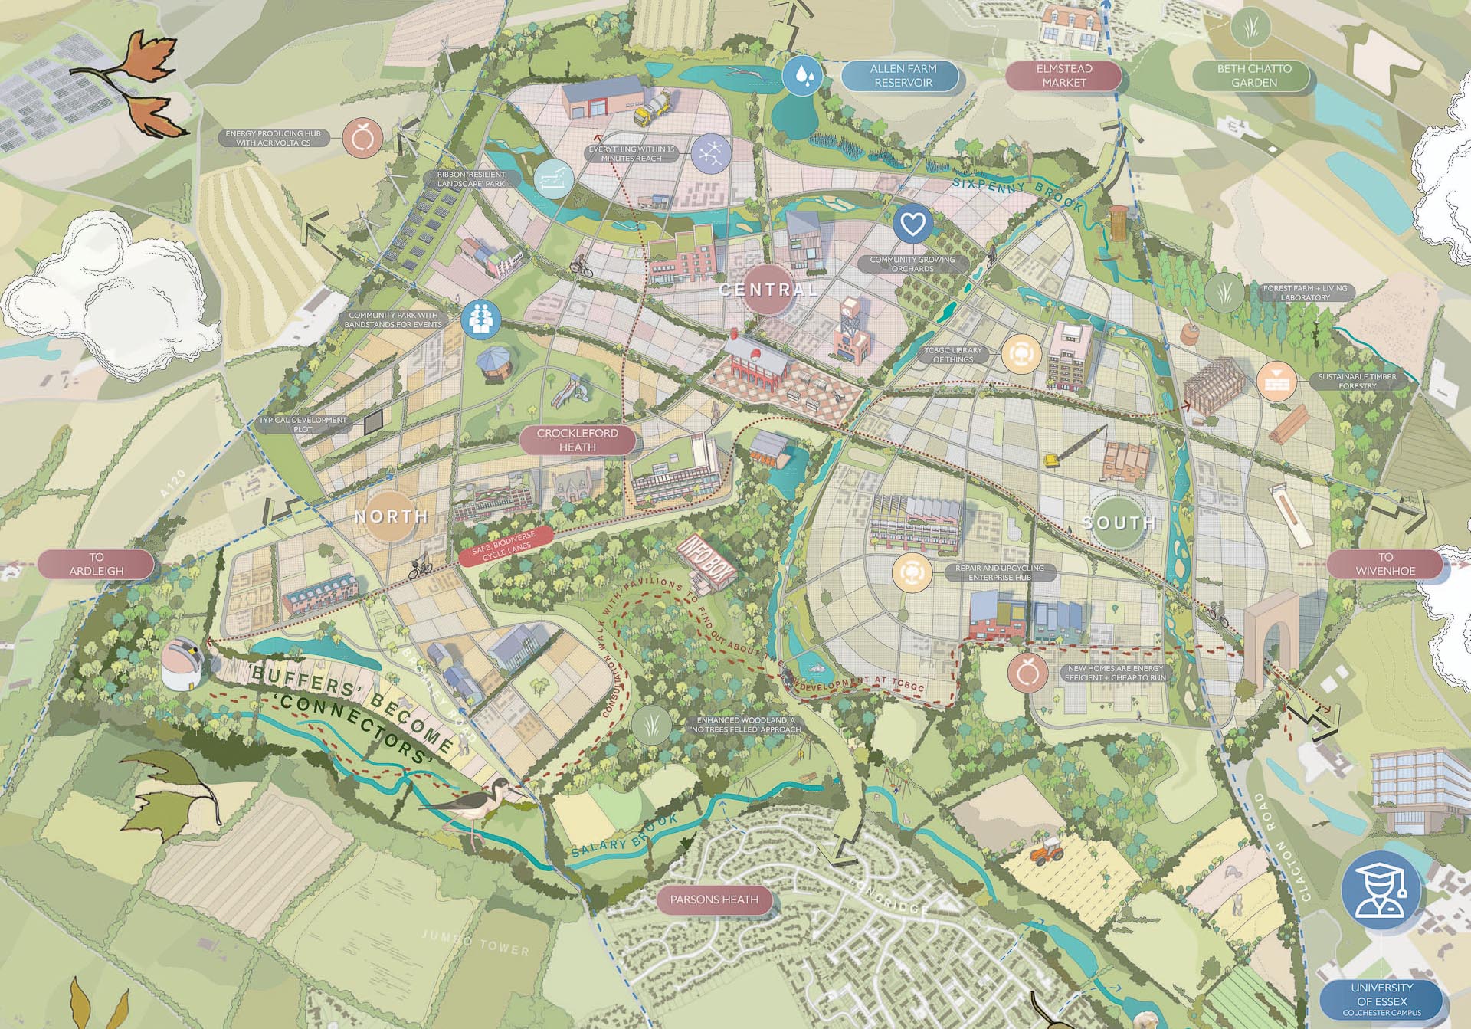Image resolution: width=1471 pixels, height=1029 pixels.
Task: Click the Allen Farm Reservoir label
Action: click(x=903, y=75)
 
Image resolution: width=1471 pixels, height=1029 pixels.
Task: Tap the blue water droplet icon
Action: click(x=802, y=76)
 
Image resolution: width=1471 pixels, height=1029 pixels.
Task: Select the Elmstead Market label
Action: click(x=1063, y=75)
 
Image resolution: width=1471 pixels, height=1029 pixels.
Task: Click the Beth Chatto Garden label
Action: click(x=1253, y=75)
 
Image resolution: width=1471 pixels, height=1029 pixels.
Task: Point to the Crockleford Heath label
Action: click(x=577, y=440)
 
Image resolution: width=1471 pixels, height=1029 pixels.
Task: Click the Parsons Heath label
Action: click(x=713, y=900)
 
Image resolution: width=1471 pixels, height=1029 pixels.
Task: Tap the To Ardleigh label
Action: click(x=96, y=564)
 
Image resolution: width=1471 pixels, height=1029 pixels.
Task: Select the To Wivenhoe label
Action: click(x=1384, y=564)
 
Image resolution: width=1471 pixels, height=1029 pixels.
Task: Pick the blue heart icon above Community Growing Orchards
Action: click(x=912, y=224)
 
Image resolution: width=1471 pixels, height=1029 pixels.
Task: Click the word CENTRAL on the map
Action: click(x=768, y=290)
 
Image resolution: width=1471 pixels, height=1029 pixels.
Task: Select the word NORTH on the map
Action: click(x=391, y=516)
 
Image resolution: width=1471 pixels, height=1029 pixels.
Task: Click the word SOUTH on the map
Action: click(x=1119, y=523)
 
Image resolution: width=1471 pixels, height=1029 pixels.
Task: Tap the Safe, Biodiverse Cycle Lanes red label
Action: click(x=505, y=546)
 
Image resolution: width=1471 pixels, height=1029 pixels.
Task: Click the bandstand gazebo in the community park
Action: click(x=495, y=363)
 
